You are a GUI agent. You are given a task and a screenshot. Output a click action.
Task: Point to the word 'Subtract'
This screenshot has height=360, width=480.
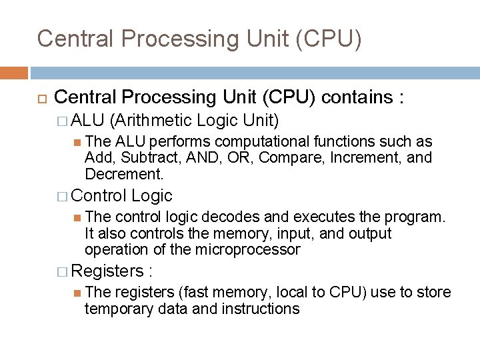point(137,157)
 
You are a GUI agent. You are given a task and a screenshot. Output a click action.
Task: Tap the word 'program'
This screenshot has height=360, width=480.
point(418,218)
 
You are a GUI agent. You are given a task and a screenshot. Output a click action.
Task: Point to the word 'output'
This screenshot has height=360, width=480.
point(367,233)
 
